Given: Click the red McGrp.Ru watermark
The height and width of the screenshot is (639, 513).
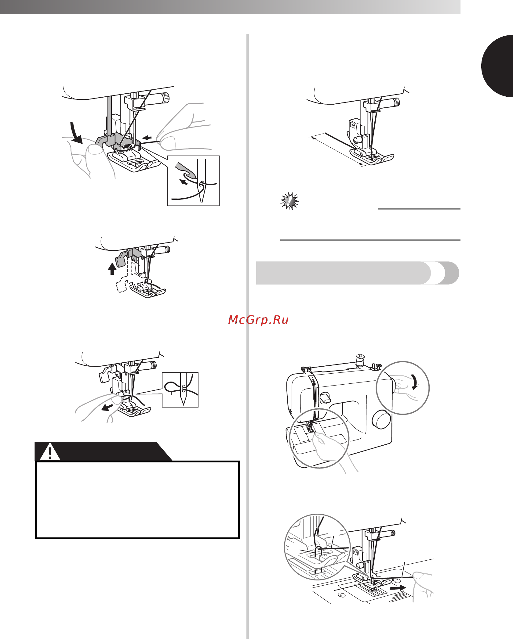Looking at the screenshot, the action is [x=258, y=320].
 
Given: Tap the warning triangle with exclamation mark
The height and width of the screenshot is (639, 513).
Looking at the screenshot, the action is [x=50, y=452].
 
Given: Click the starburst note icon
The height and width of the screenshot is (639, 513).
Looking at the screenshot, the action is [x=289, y=201].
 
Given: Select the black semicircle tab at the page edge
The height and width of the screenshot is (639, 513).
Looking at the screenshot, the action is [x=497, y=66].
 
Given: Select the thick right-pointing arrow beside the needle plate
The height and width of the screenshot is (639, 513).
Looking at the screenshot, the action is [x=398, y=587].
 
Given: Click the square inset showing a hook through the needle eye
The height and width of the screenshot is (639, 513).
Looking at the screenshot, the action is [x=193, y=181].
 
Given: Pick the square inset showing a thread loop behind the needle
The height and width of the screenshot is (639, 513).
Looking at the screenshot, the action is [x=180, y=390].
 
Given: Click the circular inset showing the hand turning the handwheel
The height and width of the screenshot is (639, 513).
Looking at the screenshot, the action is [x=403, y=388].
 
